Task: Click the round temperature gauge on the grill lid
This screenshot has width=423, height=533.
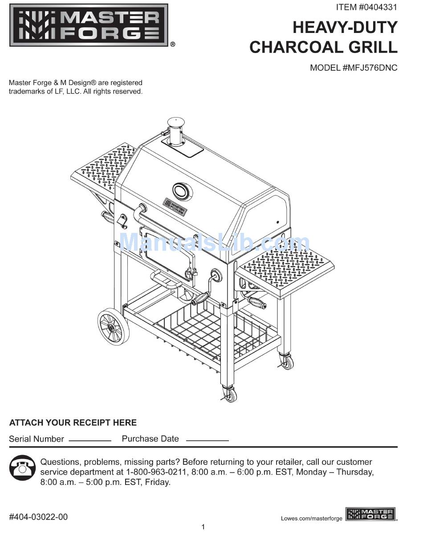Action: (181, 191)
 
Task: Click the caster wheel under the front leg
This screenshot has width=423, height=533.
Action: (230, 393)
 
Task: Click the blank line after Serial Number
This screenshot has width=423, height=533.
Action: (89, 439)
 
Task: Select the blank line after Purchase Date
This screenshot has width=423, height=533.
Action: (207, 439)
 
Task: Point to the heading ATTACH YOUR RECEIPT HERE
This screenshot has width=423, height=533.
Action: (73, 423)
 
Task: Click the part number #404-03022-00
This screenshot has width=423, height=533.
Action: (38, 517)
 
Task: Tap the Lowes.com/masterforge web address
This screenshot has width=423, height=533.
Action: (312, 518)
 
